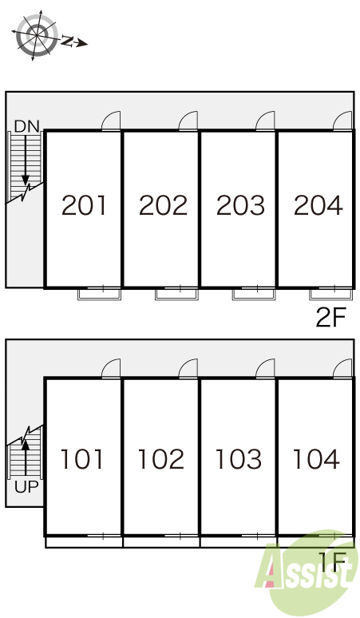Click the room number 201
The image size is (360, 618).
[x=84, y=205]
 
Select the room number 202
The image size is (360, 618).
[x=163, y=205]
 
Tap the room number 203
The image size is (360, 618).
[x=240, y=205]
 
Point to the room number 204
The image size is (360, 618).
[x=318, y=205]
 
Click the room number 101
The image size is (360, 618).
[x=82, y=459]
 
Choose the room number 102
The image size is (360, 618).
[x=161, y=459]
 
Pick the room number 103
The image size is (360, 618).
[x=239, y=459]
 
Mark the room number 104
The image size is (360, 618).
[x=316, y=459]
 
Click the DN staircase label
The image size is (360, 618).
[x=27, y=126]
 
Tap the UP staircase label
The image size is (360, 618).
[x=26, y=487]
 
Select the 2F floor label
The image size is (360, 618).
[x=330, y=318]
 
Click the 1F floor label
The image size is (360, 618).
[x=333, y=562]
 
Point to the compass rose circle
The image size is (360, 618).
[x=37, y=35]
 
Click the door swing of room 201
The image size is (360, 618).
[x=111, y=121]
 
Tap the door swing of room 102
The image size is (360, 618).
[x=188, y=369]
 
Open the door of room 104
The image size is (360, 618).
[x=342, y=369]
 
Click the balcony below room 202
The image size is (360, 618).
[x=176, y=295]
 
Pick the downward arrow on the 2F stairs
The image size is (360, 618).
[x=26, y=160]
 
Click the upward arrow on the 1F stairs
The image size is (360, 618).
[x=26, y=458]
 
